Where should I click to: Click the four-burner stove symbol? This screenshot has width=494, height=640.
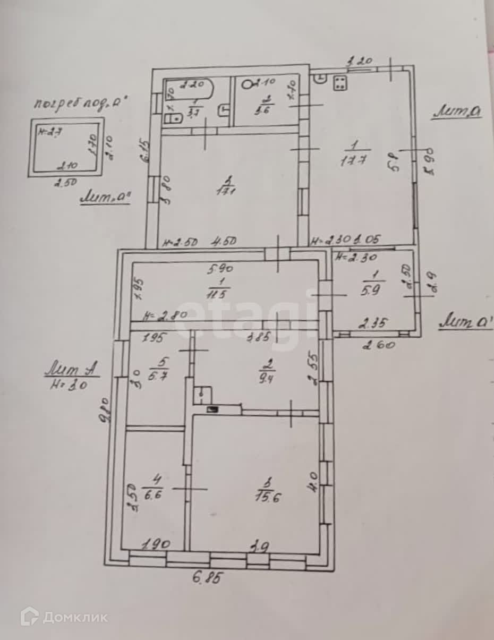coord(340,82)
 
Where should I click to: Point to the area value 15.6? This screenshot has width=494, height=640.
coord(268,497)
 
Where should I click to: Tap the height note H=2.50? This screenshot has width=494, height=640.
coord(181,242)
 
